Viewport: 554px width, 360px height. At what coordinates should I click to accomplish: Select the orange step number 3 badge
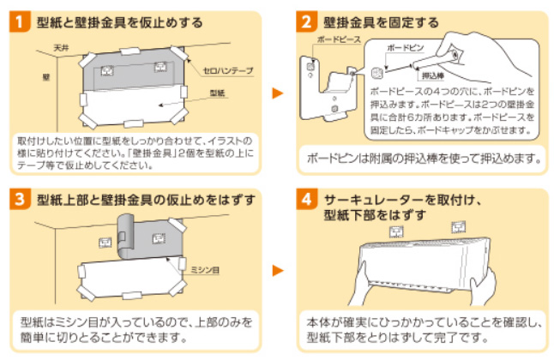(20, 200)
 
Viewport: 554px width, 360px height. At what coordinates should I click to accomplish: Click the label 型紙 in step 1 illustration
(217, 93)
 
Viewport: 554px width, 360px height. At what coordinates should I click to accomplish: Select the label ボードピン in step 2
(404, 49)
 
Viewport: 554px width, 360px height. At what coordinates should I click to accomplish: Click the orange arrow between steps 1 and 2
(277, 93)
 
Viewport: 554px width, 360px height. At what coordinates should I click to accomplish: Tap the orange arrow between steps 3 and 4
(277, 271)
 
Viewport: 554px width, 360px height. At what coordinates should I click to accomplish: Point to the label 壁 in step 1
(45, 76)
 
